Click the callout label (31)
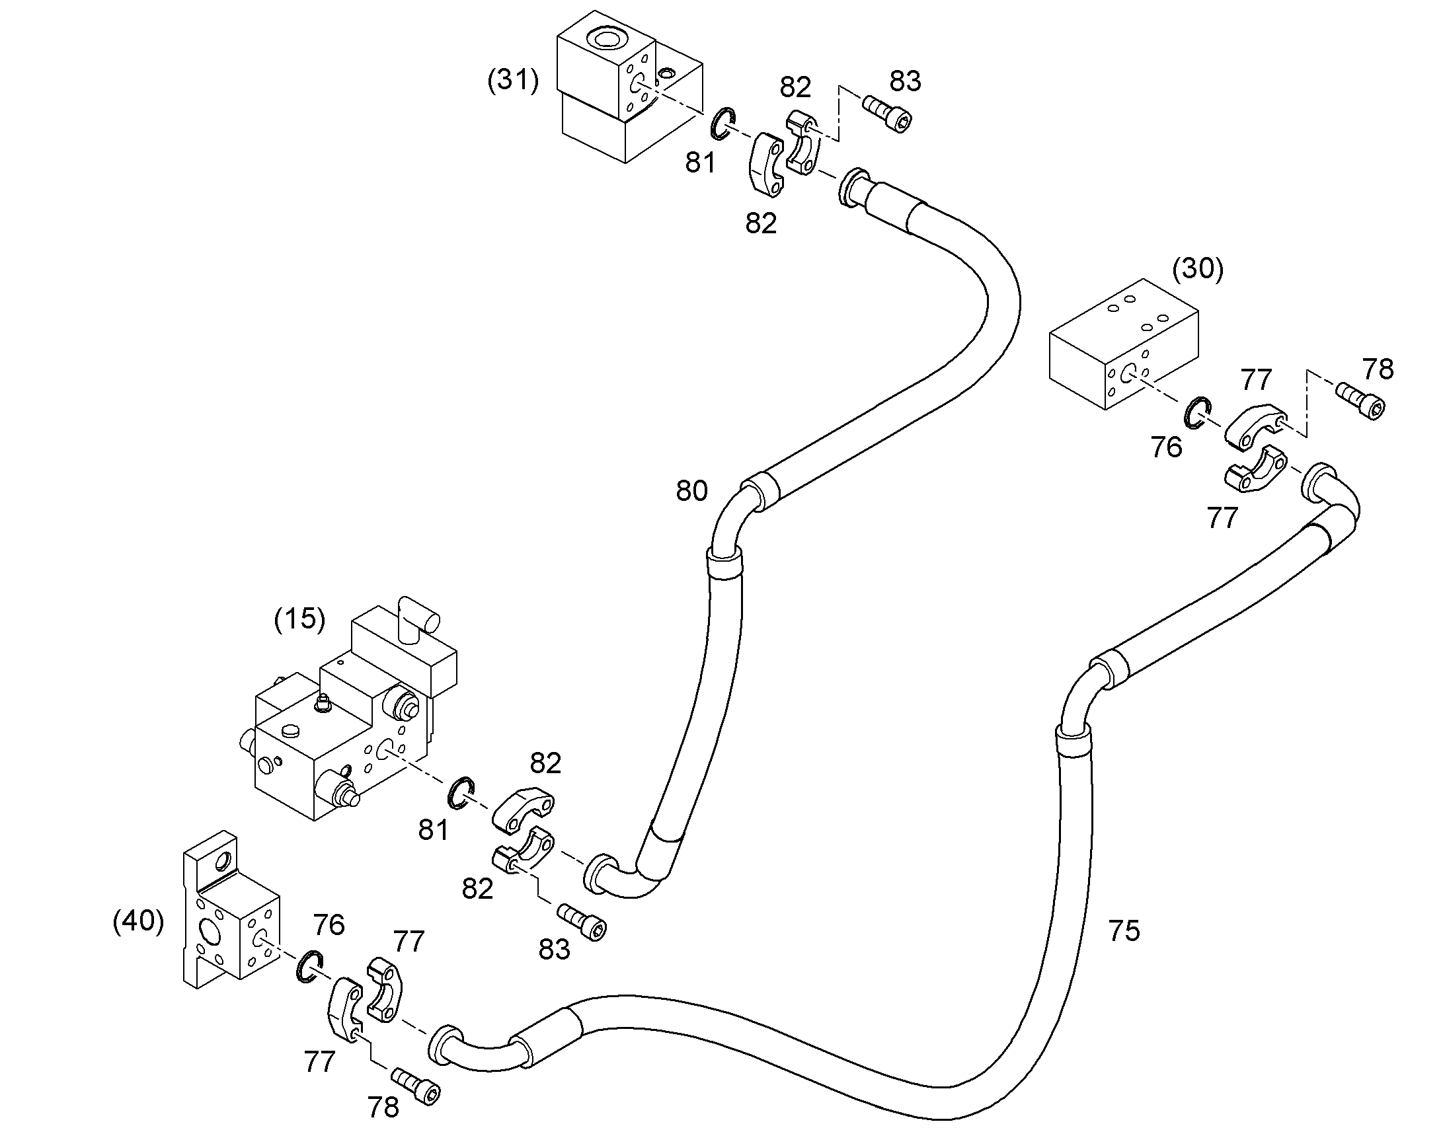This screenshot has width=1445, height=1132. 513,81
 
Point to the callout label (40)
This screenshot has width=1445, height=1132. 139,921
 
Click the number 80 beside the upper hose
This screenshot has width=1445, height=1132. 691,490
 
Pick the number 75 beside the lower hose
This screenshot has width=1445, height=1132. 1124,931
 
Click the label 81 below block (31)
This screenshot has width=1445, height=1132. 700,163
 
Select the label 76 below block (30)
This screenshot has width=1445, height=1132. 1167,447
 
